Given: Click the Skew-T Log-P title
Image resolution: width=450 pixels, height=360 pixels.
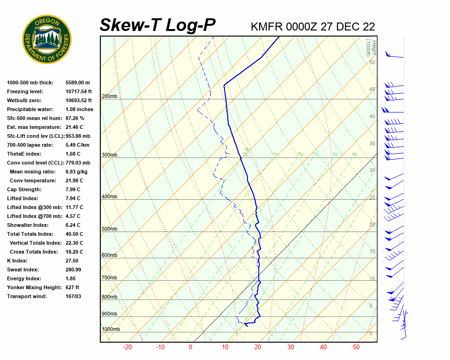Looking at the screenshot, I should pos(157,25).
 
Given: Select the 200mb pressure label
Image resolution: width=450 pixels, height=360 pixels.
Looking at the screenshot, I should pos(109,97).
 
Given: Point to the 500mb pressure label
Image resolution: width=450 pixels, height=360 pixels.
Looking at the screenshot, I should pos(109,229).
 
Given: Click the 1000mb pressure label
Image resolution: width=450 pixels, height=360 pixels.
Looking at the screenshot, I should pos(111,330).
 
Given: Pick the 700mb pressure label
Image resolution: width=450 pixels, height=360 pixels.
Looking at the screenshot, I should pos(109,278).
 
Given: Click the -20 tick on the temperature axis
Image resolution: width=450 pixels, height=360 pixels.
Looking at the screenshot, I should pos(127,347).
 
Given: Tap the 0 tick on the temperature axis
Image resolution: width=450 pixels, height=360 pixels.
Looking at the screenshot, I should pos(190,347).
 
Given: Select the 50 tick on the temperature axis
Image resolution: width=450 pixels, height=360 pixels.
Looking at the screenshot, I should pos(356,347).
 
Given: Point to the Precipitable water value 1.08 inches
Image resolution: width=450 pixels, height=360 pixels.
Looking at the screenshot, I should pos(79,109).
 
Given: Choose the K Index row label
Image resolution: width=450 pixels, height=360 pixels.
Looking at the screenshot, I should pos(17,261).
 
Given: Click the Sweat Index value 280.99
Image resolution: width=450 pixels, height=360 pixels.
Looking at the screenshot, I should pos(74,270).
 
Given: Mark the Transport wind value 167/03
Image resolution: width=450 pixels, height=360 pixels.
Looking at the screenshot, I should pos(74,296).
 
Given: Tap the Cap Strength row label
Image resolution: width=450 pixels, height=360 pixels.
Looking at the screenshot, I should pos(24,189).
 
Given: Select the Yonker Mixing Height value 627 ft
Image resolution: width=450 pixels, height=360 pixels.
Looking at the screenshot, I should pos(72,287).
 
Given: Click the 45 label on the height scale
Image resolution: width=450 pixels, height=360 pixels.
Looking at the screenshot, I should pos(372,90).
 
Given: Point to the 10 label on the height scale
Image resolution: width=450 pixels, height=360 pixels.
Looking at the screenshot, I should pos(372,279).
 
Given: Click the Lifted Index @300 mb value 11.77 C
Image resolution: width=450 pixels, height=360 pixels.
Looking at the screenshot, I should pos(75,207).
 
